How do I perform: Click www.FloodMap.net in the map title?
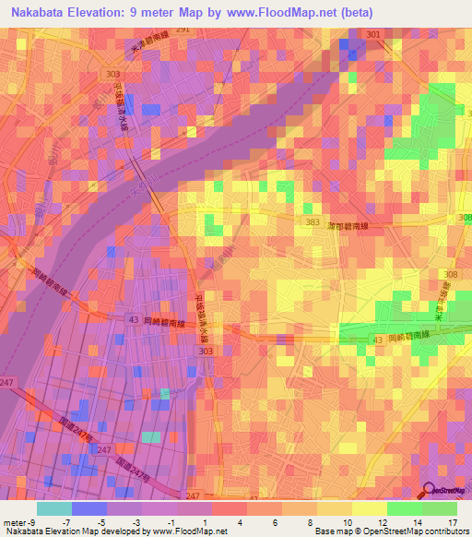[x=301, y=12]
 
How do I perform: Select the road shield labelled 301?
[x=372, y=34]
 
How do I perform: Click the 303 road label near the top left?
[x=113, y=73]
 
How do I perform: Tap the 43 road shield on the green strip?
[x=376, y=340]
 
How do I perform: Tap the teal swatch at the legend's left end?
[x=53, y=508]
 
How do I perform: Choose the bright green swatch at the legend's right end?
[x=439, y=508]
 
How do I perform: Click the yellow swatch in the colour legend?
[x=369, y=508]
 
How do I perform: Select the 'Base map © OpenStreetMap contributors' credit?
[x=391, y=531]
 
